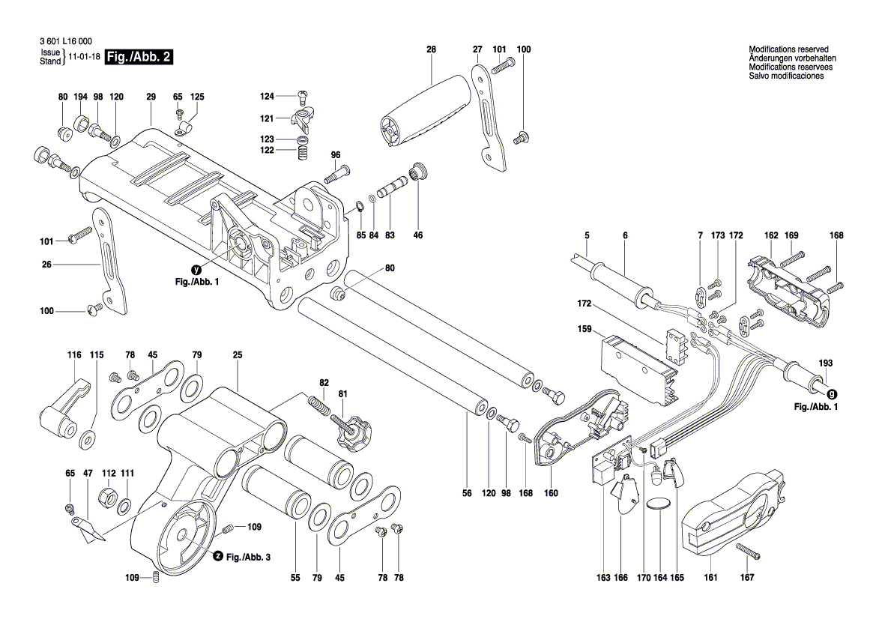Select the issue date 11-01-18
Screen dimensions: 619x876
point(83,57)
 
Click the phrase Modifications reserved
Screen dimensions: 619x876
point(788,49)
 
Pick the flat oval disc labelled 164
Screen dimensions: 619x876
point(659,504)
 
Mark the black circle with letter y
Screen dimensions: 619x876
point(196,270)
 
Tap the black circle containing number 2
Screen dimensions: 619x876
point(217,556)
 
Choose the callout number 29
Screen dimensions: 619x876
point(151,97)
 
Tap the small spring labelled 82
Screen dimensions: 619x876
point(318,404)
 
